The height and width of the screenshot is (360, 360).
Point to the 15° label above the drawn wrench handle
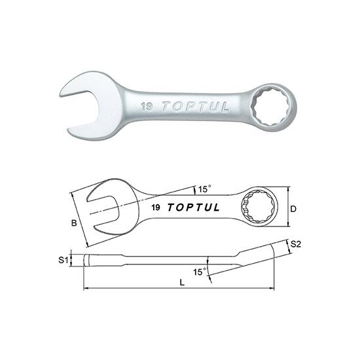click(x=205, y=189)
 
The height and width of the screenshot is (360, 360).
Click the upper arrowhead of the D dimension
click(x=286, y=189)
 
